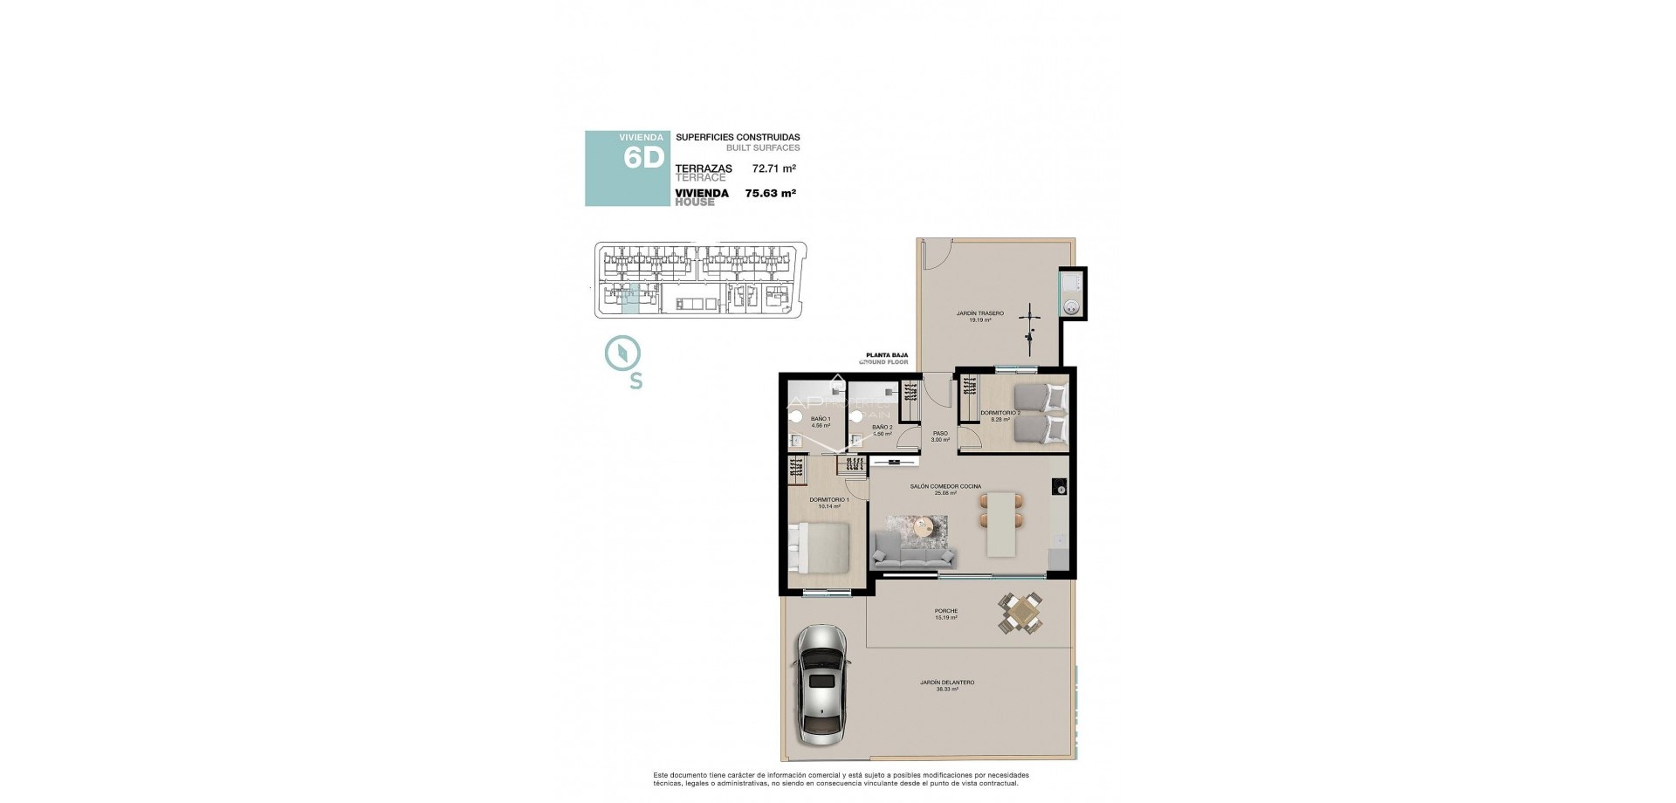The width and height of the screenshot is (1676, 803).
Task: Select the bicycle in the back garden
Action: click(1032, 325)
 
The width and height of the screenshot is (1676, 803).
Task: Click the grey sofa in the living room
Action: click(914, 551)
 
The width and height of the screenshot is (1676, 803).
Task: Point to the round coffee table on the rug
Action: click(926, 526)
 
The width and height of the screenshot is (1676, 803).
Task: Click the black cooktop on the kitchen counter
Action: click(1059, 486)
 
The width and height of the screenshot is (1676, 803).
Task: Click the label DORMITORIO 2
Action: click(1000, 412)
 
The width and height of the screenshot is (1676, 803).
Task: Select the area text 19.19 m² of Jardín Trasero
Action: click(979, 320)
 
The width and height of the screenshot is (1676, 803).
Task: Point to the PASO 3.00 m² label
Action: click(940, 436)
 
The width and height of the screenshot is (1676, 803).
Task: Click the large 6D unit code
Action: click(644, 158)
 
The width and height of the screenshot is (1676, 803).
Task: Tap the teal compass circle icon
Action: click(623, 353)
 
